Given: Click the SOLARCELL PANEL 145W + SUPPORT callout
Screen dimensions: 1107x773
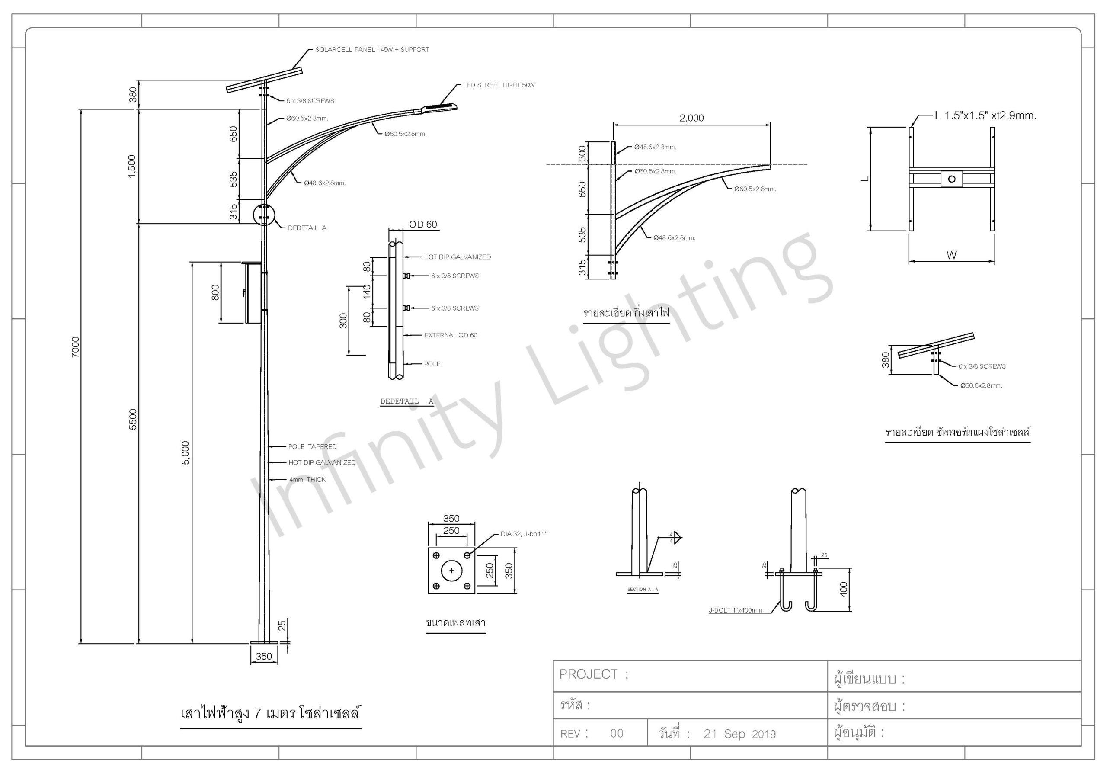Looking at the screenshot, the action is (372, 50).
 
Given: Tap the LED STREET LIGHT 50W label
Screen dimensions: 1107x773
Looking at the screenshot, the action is (499, 85).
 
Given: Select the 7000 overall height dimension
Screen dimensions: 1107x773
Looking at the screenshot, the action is (76, 347).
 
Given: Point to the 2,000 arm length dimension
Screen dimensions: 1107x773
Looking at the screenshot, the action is (691, 118).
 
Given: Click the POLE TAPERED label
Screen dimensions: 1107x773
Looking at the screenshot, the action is (313, 446).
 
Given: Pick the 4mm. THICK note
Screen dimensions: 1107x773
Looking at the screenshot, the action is (307, 479).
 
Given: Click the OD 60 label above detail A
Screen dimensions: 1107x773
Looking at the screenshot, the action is (423, 224).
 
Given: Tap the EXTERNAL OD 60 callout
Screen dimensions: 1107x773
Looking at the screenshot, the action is (451, 335).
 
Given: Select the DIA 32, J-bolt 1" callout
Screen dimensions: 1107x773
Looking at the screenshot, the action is (524, 534).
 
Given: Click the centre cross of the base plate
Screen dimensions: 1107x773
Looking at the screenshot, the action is (451, 571).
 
